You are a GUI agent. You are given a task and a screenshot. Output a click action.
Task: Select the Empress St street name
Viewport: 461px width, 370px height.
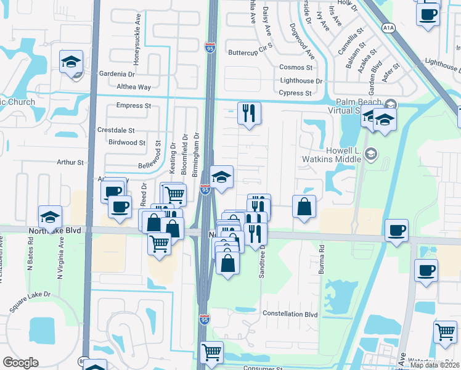134,105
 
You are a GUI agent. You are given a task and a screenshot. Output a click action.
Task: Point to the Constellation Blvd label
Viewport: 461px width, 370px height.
290,314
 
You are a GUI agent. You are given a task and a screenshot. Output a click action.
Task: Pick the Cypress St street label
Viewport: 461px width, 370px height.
295,93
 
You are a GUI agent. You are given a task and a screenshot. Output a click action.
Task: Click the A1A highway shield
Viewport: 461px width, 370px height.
388,28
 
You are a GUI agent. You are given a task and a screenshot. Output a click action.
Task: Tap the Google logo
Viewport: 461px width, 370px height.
20,362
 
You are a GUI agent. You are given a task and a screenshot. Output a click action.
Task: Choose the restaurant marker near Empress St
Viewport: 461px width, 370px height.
249,113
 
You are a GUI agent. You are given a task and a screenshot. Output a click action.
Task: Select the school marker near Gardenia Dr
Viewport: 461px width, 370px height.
71,62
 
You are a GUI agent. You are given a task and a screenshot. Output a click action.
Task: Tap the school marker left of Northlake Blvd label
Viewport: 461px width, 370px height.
51,216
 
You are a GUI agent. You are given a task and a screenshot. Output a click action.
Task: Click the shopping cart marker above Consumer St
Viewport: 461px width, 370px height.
211,352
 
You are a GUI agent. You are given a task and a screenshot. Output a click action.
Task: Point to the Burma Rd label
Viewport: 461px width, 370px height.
321,265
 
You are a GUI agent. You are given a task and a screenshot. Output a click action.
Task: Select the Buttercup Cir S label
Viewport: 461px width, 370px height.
250,52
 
